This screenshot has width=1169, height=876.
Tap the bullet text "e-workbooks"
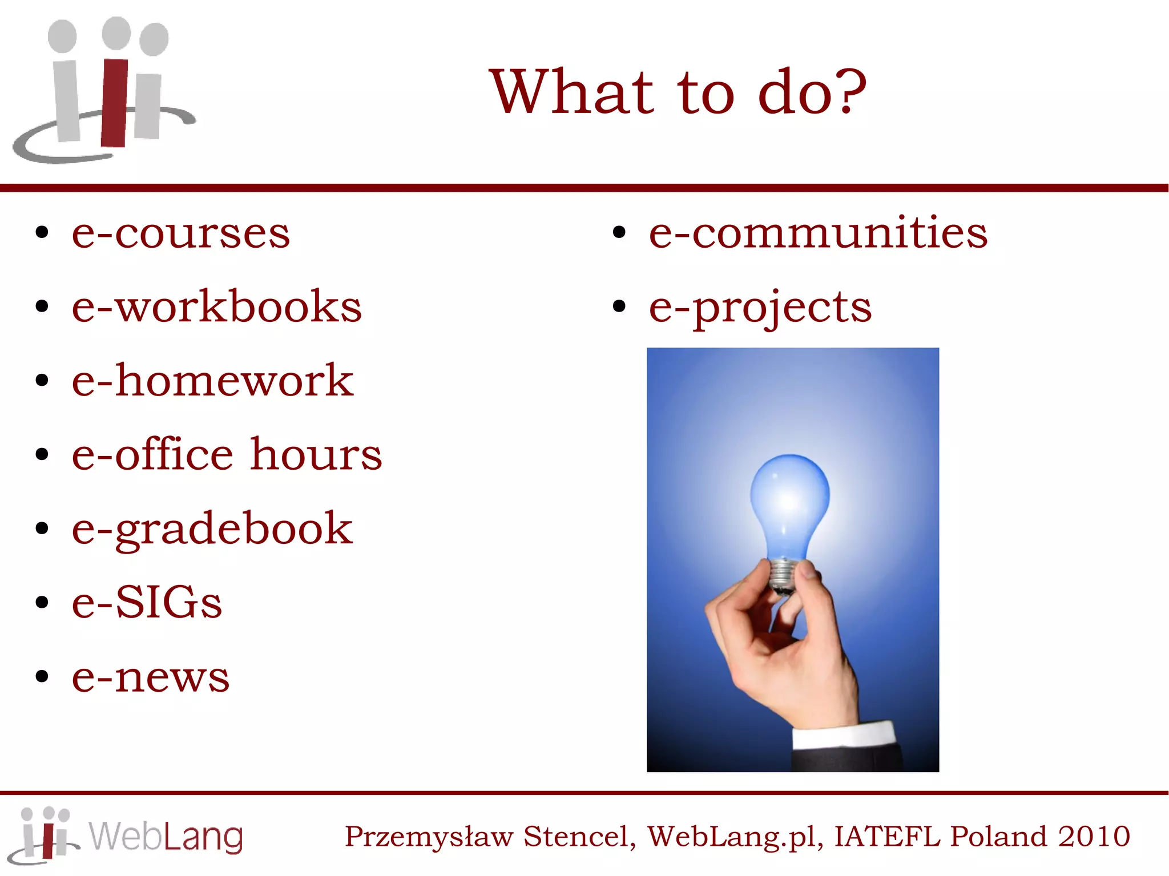(216, 307)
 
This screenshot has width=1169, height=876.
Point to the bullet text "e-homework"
(212, 381)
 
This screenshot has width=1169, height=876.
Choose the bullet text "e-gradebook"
(212, 529)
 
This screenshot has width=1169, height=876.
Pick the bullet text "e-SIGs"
(147, 603)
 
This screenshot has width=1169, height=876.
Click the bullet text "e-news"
(151, 677)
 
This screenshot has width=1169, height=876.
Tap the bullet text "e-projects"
(760, 307)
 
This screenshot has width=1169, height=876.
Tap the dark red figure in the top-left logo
(115, 103)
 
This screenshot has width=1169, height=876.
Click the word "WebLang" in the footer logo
(166, 837)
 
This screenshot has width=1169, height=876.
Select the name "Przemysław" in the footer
(429, 837)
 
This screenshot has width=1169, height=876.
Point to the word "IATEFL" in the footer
(886, 837)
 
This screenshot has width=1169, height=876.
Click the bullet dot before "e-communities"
(619, 233)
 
